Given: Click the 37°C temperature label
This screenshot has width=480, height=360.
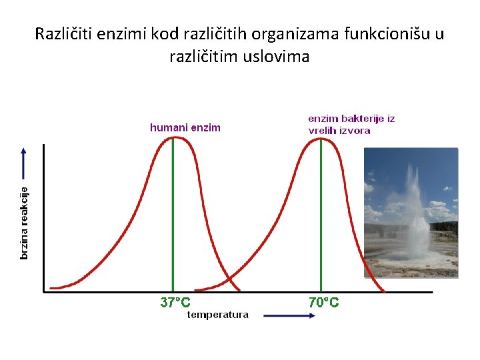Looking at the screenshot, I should coord(175,303).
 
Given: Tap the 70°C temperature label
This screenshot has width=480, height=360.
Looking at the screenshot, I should coord(324,303).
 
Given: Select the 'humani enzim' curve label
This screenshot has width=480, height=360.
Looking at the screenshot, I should coord(185,127).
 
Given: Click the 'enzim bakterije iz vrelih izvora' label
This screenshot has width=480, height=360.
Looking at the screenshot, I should coord(351,125).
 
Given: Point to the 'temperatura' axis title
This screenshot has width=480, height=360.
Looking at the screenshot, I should coord(217,315).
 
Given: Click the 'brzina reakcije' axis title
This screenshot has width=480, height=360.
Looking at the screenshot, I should coord(25,223).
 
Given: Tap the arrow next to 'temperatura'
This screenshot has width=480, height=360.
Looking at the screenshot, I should coord(289,316).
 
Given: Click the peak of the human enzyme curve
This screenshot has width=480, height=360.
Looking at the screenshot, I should coord(173,137).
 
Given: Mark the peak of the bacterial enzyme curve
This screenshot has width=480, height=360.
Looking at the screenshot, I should coord(321,137).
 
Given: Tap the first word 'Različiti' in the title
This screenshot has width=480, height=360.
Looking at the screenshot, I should coord(63,33).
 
